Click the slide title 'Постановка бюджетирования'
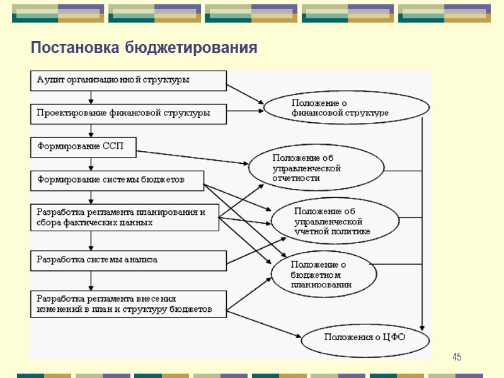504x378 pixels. [144, 49]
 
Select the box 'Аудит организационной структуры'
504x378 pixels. [129, 81]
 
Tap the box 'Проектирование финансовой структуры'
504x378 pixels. [129, 114]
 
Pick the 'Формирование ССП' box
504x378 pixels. [84, 147]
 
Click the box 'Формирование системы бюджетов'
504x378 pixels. [117, 181]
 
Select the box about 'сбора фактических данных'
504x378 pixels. [125, 217]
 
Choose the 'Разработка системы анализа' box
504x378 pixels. [129, 260]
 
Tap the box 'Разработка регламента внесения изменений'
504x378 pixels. [129, 304]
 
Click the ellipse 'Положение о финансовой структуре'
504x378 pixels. [339, 108]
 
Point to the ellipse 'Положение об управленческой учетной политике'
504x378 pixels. [335, 222]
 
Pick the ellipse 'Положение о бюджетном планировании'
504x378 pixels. [324, 275]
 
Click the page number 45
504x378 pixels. [457, 358]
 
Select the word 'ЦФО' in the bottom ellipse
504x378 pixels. [394, 338]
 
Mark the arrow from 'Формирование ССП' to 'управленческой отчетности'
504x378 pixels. [193, 157]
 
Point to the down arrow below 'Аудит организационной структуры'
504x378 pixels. [91, 98]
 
